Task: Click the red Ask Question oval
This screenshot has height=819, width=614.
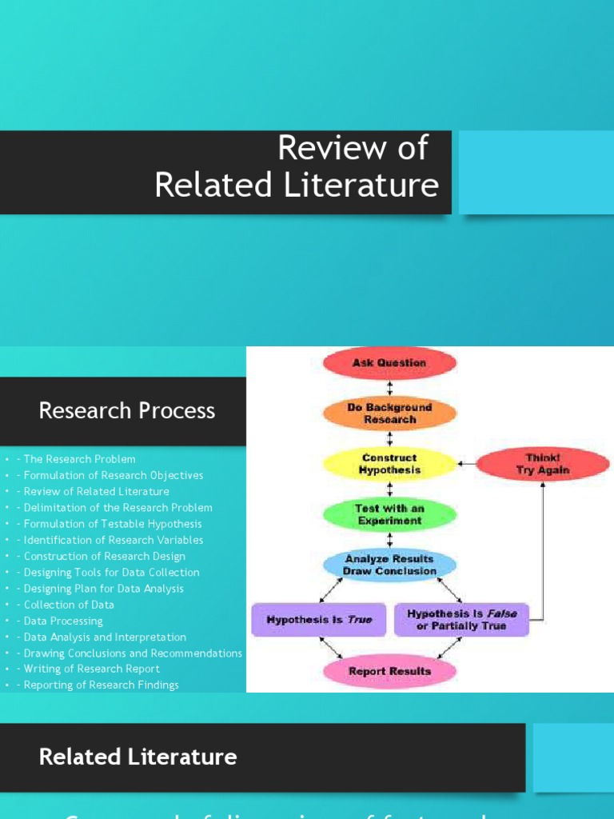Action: point(389,363)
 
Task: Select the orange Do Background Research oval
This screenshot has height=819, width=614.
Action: point(389,413)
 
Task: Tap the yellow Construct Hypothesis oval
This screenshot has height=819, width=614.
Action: point(389,464)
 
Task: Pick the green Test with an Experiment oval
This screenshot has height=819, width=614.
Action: point(389,514)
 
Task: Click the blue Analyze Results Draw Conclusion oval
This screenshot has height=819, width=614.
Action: point(389,565)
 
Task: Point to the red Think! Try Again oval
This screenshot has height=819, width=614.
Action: point(543,464)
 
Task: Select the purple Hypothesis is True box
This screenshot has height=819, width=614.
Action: point(319,620)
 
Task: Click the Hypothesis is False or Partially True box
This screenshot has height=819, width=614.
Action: point(461,620)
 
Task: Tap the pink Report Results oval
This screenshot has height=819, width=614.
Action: point(389,671)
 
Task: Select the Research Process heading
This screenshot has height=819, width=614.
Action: point(127,411)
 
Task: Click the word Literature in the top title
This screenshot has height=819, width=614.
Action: point(362,186)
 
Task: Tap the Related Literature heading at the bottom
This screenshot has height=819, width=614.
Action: point(138,757)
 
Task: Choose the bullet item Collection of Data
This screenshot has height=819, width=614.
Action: point(69,605)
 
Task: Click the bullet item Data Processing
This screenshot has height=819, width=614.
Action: point(63,621)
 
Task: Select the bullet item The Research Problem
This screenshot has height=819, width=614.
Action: point(79,459)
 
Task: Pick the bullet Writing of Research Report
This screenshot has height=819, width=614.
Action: point(91,669)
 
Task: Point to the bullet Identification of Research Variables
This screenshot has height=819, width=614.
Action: point(114,540)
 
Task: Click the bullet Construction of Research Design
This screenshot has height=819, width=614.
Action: point(104,556)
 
